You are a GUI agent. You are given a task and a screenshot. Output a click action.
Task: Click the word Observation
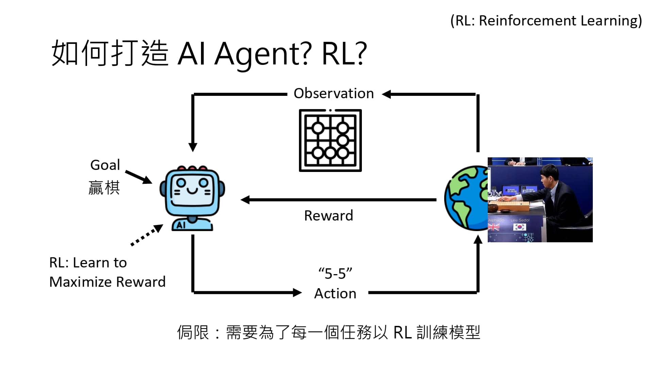tap(334, 93)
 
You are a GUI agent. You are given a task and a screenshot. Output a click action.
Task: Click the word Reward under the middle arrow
tap(329, 216)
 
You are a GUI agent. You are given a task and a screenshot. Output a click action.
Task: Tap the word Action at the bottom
tap(335, 294)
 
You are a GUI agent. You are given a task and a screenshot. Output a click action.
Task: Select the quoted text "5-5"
tap(335, 274)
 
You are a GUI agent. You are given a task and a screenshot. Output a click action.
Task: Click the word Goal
tap(105, 165)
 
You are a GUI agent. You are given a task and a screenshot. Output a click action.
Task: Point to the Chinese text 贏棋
tap(104, 188)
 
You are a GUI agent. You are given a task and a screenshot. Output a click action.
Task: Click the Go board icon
tap(330, 140)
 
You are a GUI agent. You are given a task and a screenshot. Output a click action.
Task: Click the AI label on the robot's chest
tap(181, 225)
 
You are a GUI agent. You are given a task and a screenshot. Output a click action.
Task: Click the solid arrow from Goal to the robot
tap(138, 177)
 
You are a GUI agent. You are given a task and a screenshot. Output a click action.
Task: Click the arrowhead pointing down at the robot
tap(193, 147)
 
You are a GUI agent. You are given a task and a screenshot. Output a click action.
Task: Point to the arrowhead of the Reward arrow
tap(245, 200)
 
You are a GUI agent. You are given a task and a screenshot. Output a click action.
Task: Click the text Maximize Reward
tap(107, 282)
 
